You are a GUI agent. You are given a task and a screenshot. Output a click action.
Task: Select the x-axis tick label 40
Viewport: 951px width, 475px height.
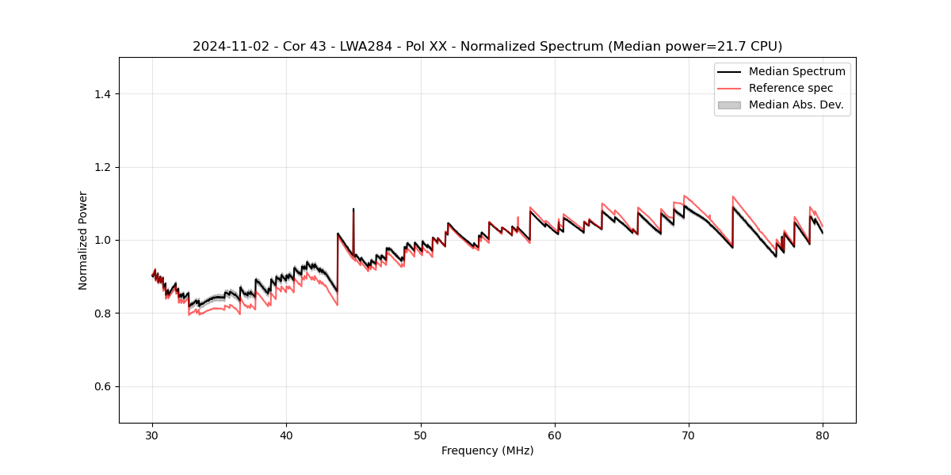tap(287, 435)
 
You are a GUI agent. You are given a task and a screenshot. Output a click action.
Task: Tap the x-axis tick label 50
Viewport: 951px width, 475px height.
tap(421, 435)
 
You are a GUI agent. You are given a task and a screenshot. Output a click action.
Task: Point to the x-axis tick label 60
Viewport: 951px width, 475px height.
tap(555, 435)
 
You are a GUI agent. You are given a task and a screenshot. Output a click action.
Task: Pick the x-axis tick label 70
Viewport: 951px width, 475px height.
tap(689, 435)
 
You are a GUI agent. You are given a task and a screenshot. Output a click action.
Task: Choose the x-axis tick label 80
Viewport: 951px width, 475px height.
tap(823, 435)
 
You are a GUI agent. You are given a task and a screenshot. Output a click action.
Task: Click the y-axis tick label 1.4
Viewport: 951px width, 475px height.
tap(102, 94)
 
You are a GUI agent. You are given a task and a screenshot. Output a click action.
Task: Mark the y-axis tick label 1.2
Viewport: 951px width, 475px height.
tap(102, 167)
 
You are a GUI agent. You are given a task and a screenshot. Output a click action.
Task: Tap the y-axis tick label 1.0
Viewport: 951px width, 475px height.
tap(102, 240)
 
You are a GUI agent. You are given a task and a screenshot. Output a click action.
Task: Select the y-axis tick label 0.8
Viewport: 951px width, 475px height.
tap(102, 313)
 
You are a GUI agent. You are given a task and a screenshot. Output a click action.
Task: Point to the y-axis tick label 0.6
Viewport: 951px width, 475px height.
tap(102, 386)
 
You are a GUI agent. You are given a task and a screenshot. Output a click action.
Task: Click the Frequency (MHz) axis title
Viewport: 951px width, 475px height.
tap(487, 450)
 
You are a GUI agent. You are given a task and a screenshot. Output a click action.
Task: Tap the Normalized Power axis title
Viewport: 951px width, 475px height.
tap(83, 240)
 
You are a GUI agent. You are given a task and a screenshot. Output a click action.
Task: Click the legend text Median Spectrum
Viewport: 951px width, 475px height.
tap(796, 71)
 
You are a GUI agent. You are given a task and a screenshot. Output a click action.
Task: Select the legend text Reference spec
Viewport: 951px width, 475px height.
tap(791, 88)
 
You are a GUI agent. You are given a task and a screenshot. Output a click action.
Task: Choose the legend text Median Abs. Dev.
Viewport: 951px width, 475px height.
tap(796, 104)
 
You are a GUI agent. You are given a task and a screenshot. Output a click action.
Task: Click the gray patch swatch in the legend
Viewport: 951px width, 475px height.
tap(729, 104)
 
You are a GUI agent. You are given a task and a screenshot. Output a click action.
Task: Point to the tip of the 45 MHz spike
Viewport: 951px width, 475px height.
tap(353, 209)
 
